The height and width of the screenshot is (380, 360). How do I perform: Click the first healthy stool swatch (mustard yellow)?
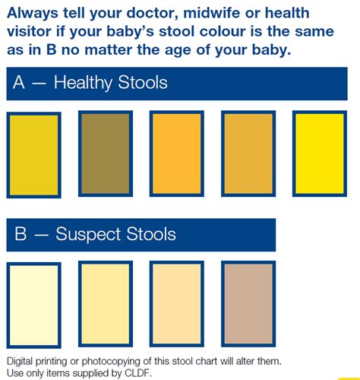33,154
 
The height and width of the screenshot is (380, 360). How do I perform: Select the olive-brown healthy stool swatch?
106,154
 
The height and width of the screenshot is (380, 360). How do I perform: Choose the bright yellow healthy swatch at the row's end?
321,154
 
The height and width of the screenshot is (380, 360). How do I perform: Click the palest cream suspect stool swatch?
33,303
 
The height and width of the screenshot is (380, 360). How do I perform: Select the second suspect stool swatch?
106,303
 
